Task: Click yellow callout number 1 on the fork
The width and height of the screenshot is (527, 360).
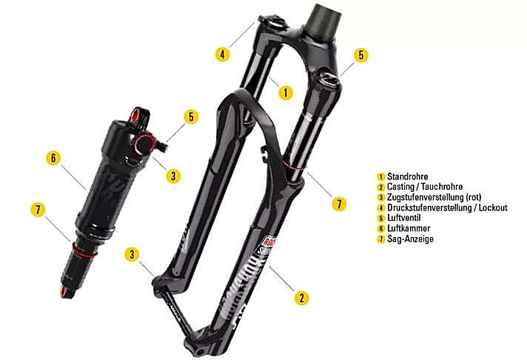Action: [x=286, y=93]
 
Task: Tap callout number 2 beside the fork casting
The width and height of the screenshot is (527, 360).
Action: [x=301, y=297]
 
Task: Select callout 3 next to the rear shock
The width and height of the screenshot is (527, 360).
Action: [x=172, y=176]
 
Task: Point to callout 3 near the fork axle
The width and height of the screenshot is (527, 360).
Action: [x=132, y=254]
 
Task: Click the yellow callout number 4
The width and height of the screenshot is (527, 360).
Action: [x=221, y=54]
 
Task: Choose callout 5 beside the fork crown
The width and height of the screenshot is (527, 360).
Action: [x=360, y=55]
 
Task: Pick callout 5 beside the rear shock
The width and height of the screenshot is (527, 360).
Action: [x=191, y=117]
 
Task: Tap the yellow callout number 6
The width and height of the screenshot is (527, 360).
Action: [x=53, y=157]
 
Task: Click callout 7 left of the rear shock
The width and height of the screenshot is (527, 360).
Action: [x=38, y=209]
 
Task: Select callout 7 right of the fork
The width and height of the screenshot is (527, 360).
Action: [x=339, y=203]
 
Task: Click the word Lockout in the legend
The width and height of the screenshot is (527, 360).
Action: [x=492, y=207]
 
